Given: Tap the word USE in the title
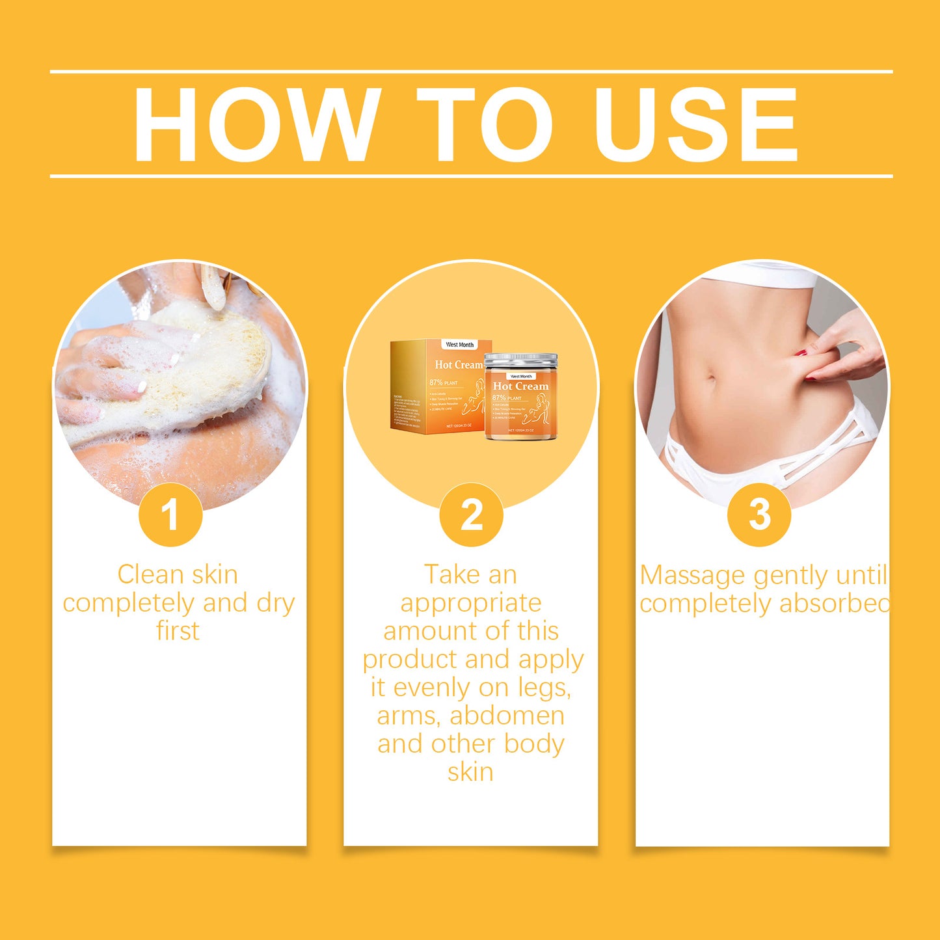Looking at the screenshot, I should [x=695, y=124].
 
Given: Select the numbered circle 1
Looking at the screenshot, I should [x=170, y=515].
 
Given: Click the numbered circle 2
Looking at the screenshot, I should [x=471, y=515].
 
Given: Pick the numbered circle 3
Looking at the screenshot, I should [x=759, y=515].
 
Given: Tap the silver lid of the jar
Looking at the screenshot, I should [x=521, y=360].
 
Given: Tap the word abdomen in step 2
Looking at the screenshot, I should [x=507, y=716].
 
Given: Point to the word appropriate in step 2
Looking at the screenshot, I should [x=470, y=604].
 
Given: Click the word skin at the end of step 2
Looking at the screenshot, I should [x=470, y=772].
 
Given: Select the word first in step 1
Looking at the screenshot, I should [x=178, y=631].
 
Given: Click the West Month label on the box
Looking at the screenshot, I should [x=460, y=344].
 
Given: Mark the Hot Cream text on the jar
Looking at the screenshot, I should [x=520, y=386].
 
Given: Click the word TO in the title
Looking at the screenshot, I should [x=485, y=124].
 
